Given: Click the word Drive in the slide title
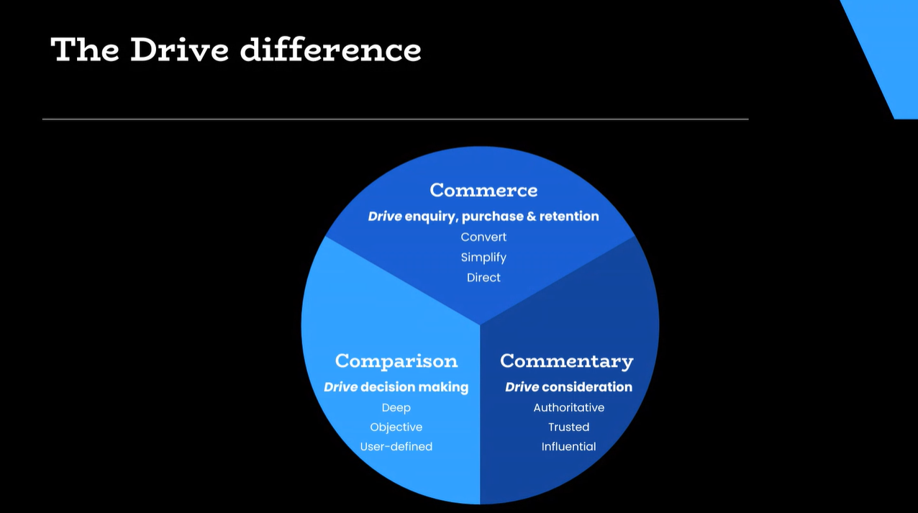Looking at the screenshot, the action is click(x=180, y=50).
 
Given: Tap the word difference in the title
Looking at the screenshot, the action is click(x=330, y=50).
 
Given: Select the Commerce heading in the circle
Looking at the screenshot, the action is click(x=483, y=190).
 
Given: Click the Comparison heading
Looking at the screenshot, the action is click(x=396, y=361).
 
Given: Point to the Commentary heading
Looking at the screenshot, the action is click(x=567, y=361).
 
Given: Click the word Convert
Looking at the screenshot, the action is click(x=483, y=237).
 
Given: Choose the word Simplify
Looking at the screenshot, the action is click(x=483, y=258).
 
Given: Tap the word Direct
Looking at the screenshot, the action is click(x=483, y=278).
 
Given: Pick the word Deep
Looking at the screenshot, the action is click(x=396, y=408).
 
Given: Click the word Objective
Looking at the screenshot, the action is click(x=396, y=427).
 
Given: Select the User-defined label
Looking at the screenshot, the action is click(x=396, y=446).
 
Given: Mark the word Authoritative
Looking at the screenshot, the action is click(x=569, y=408).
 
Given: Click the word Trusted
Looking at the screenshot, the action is click(x=569, y=427).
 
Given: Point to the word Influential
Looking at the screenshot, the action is click(x=569, y=446).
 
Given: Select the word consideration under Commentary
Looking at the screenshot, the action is click(x=587, y=387).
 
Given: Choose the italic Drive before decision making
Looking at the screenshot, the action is click(x=341, y=387).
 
